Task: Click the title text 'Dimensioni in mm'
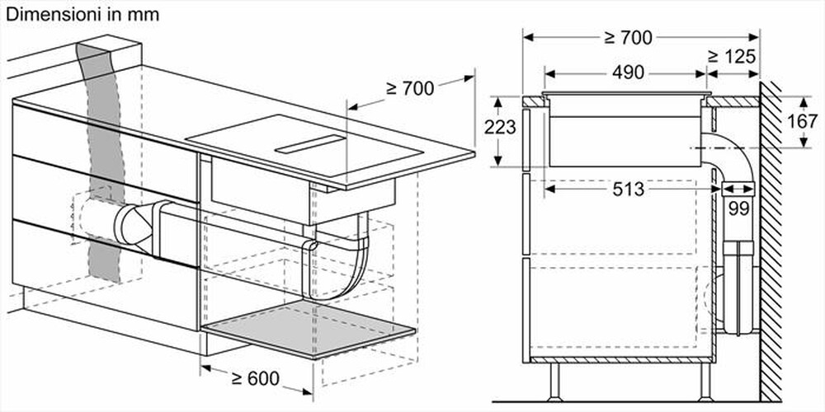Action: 83,15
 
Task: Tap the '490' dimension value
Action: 628,73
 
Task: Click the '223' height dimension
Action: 500,128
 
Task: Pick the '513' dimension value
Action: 629,189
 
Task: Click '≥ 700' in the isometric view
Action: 409,88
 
